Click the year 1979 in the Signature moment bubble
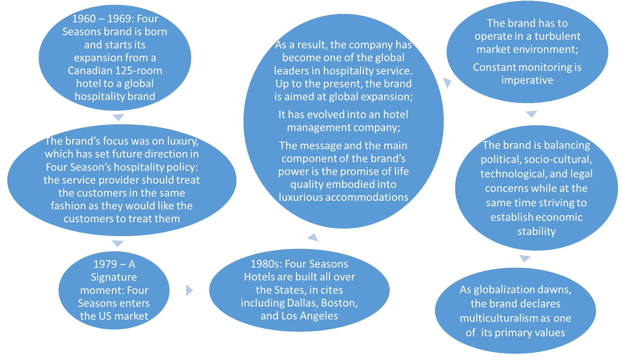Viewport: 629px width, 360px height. click(x=105, y=264)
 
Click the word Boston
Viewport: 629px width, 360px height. click(x=339, y=303)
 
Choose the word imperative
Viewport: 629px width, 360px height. click(x=527, y=80)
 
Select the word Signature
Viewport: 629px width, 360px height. click(x=114, y=277)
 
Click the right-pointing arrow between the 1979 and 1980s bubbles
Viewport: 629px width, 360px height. click(x=189, y=290)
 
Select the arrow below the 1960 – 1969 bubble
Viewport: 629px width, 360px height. click(x=118, y=117)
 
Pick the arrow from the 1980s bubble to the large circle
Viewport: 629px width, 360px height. click(x=313, y=237)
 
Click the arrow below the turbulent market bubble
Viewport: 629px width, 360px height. click(x=531, y=114)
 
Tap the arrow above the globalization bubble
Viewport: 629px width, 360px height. click(x=524, y=258)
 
